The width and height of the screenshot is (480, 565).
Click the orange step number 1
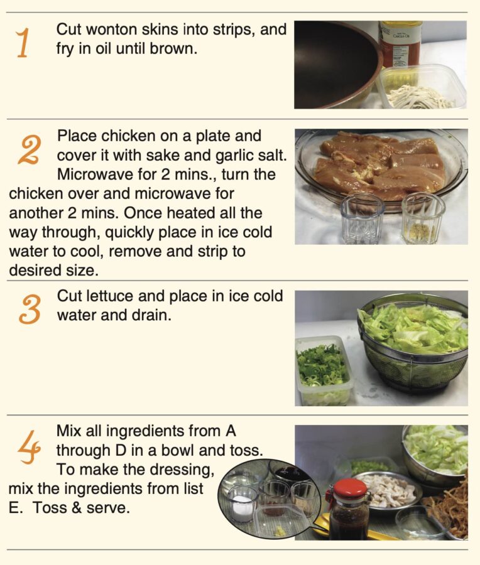(x=23, y=44)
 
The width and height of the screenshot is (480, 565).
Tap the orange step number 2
(x=28, y=150)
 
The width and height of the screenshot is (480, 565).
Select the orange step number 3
(x=30, y=309)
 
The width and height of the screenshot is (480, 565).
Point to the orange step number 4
(x=29, y=446)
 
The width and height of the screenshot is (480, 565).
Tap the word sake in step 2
(x=161, y=155)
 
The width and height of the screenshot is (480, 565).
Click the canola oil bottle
(x=401, y=43)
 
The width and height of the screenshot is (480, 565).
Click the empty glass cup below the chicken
(x=362, y=218)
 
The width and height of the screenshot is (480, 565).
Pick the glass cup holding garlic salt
(x=423, y=218)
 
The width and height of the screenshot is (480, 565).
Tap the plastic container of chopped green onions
(x=323, y=370)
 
